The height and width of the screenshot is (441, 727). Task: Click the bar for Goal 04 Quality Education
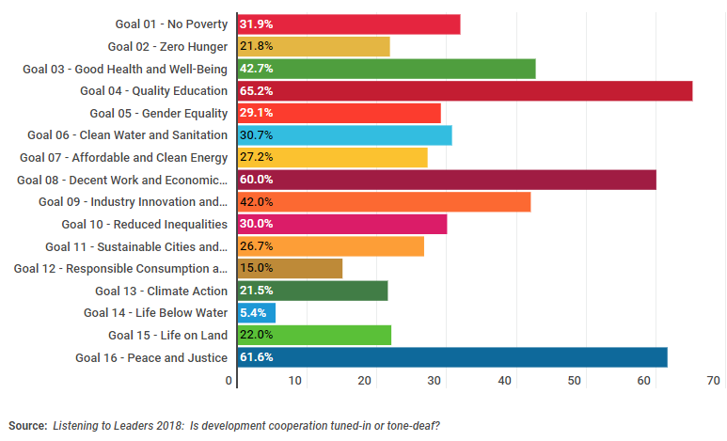465,91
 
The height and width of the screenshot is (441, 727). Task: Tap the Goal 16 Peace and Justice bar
452,357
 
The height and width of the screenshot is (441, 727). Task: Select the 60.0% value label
257,180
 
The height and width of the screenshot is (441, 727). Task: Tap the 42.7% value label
257,69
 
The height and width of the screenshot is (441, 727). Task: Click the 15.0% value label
257,269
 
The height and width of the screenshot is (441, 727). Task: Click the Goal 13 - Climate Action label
162,291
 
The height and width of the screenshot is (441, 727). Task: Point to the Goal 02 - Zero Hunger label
167,46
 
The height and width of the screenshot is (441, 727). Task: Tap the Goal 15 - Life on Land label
168,335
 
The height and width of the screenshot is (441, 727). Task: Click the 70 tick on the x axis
713,381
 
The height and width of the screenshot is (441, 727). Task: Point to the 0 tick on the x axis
229,381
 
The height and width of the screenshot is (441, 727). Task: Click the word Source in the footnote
27,426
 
